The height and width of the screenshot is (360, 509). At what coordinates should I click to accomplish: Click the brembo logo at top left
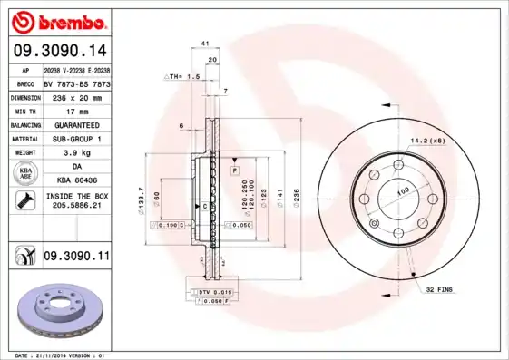(x=59, y=19)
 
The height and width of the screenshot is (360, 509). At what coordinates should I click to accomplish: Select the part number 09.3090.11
(x=76, y=258)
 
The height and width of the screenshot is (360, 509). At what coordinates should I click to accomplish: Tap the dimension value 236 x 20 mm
(x=76, y=96)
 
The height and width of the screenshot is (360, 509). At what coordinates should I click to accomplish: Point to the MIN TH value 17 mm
(x=76, y=111)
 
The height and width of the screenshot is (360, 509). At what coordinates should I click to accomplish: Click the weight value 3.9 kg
(x=76, y=154)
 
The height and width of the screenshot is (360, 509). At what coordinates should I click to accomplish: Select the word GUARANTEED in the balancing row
(x=76, y=125)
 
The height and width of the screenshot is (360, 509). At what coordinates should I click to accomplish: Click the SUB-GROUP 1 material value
(x=76, y=140)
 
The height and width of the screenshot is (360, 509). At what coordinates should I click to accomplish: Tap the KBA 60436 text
(x=76, y=182)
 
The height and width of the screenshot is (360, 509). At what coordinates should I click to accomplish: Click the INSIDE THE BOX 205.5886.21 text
(x=76, y=201)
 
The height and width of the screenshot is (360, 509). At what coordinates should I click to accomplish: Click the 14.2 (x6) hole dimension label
(x=426, y=141)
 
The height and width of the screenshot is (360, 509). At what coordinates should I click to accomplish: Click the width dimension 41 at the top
(x=205, y=44)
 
